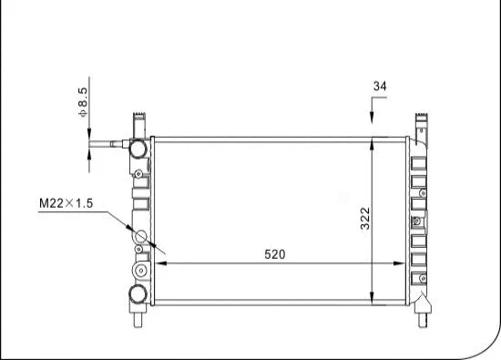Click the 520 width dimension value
coord(275,254)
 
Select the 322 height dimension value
coord(364,218)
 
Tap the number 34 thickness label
coord(380,87)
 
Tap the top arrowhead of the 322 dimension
coord(373,142)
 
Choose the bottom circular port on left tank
coord(138,293)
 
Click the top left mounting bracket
coord(139,122)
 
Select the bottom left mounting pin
coord(139,319)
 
